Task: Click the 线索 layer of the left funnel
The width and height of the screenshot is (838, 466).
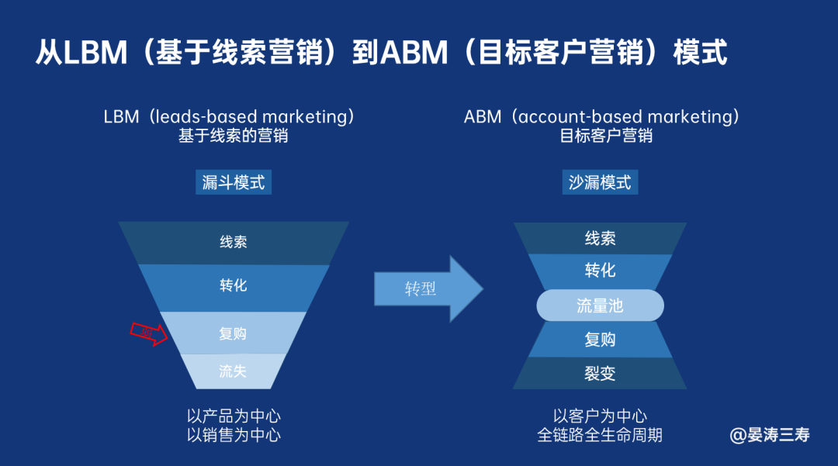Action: [234, 242]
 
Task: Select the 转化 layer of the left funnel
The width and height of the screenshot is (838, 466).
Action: [234, 286]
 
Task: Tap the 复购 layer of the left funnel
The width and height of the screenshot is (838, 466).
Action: [234, 333]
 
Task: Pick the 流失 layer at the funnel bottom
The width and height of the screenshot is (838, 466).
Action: [233, 371]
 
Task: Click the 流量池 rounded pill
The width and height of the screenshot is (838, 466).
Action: [600, 305]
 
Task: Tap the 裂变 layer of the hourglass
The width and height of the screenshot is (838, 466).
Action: [600, 373]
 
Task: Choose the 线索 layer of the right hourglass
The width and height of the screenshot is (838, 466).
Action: [600, 238]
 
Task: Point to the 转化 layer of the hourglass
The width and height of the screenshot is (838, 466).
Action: [600, 270]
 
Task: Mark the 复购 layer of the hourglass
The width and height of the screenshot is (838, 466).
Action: [600, 340]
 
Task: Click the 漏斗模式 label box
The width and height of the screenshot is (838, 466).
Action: [234, 182]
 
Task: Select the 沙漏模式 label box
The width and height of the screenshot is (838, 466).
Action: [600, 182]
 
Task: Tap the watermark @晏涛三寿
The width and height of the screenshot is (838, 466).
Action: [770, 434]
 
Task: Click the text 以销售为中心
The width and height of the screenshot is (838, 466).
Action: [234, 435]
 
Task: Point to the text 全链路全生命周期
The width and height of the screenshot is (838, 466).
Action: [600, 435]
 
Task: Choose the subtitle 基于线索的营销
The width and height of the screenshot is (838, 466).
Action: [234, 136]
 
